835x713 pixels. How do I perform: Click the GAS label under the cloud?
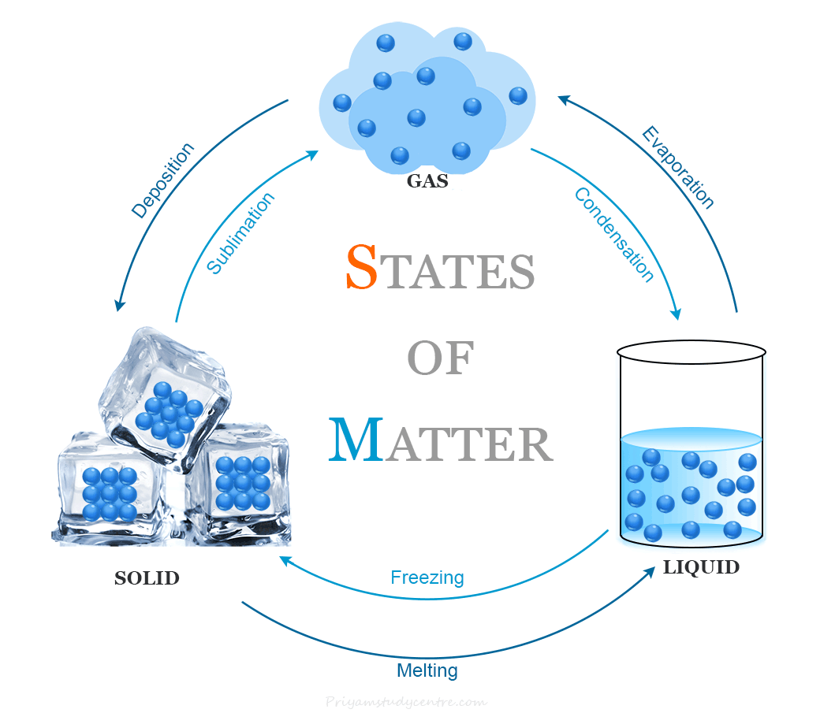click(x=427, y=181)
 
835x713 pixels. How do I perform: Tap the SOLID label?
click(x=147, y=578)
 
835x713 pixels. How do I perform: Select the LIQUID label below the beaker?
click(x=701, y=566)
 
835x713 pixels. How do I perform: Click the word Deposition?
click(x=162, y=180)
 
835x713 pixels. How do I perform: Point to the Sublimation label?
click(x=241, y=232)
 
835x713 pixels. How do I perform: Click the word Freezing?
click(x=427, y=577)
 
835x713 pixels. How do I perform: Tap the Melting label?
click(x=427, y=670)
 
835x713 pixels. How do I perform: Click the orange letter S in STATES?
click(x=362, y=268)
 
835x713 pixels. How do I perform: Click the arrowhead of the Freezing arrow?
click(x=284, y=560)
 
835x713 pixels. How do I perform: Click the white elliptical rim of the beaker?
click(x=691, y=352)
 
